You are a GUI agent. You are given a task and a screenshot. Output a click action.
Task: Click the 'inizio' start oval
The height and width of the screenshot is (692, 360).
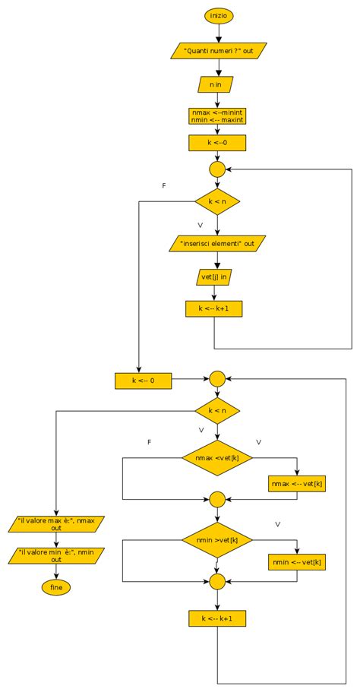(217, 15)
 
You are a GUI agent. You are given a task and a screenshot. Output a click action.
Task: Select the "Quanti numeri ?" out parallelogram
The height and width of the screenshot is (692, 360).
(217, 50)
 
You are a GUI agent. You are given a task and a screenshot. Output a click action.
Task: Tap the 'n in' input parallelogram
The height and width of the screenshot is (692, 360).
(216, 84)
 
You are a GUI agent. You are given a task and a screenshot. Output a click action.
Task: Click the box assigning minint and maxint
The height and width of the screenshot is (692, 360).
(217, 115)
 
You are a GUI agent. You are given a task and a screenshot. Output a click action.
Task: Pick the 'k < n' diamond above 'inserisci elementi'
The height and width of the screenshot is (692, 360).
(217, 201)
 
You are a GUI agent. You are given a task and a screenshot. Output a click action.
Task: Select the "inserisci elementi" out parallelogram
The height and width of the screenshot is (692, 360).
(217, 244)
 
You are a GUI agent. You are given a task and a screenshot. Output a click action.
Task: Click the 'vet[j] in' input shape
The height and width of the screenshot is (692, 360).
(213, 277)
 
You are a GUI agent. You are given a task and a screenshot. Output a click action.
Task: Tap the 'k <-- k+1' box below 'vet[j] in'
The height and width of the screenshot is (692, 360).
(213, 309)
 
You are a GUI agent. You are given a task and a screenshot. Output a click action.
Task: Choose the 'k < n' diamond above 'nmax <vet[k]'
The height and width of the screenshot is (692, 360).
(217, 410)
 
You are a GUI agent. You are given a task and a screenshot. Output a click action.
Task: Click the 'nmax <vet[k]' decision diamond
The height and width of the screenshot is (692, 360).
(217, 458)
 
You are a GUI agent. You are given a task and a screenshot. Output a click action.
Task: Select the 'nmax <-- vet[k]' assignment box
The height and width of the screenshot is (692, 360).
(297, 484)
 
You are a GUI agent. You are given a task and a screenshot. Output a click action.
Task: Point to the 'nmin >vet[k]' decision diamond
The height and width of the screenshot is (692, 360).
(217, 539)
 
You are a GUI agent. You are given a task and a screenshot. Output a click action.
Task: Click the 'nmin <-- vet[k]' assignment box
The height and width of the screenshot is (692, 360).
(297, 562)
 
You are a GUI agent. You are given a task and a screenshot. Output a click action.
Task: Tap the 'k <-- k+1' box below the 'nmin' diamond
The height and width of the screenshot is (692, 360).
(217, 618)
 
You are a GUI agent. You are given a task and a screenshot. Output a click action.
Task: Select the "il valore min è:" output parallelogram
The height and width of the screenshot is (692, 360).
(56, 556)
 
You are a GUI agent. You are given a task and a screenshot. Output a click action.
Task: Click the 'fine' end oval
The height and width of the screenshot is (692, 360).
(56, 587)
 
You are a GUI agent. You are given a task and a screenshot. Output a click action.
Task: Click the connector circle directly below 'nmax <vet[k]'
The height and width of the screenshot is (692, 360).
(217, 499)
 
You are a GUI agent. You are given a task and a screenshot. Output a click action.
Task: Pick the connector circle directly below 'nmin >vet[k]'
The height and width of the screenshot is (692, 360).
(217, 581)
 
